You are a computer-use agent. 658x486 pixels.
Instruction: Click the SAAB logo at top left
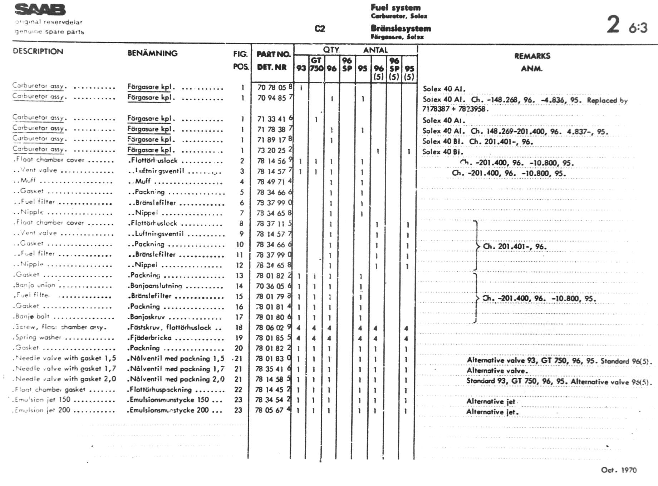click(x=40, y=10)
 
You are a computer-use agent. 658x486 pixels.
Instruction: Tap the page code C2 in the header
click(x=319, y=29)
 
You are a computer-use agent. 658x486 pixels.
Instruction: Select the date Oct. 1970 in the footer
click(x=619, y=470)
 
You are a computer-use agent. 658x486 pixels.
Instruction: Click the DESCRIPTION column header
click(x=38, y=51)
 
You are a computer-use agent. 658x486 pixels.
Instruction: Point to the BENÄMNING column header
click(x=152, y=53)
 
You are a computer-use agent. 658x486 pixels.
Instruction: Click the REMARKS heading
click(x=532, y=56)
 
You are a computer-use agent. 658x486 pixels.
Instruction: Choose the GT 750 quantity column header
click(x=316, y=64)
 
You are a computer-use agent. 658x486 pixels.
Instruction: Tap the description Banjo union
click(x=35, y=285)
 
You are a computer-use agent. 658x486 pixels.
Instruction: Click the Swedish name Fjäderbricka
click(x=151, y=338)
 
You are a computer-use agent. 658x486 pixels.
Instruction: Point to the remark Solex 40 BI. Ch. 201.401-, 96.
click(x=477, y=142)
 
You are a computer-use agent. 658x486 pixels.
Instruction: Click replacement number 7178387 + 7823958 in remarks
click(x=455, y=109)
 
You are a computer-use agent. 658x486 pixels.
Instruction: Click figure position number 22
click(x=238, y=390)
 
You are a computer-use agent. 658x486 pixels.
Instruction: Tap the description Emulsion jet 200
click(x=43, y=410)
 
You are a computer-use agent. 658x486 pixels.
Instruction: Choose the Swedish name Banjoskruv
click(x=147, y=317)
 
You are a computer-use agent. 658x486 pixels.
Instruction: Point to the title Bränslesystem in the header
click(x=401, y=28)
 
